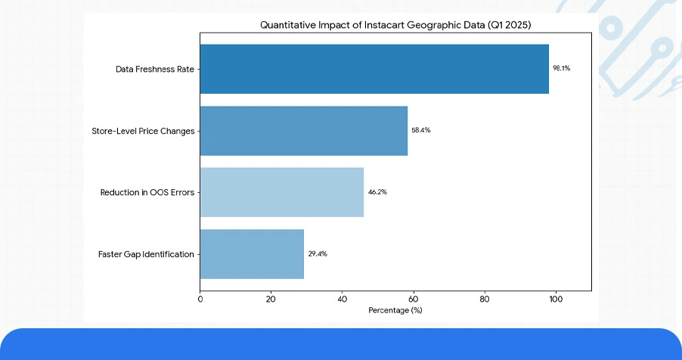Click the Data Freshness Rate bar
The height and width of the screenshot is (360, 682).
click(374, 69)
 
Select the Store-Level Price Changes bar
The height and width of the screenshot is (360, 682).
click(303, 131)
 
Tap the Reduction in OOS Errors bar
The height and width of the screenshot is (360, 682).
click(281, 192)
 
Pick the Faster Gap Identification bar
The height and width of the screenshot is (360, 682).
click(252, 254)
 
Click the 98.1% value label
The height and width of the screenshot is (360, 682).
click(561, 68)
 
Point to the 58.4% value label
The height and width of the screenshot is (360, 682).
click(420, 130)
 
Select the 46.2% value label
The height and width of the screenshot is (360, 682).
click(377, 192)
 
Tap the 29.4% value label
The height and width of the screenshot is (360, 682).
click(318, 254)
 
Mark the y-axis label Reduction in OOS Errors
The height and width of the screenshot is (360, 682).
click(147, 193)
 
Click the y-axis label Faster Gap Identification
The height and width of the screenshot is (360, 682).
click(146, 254)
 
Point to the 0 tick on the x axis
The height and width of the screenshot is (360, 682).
click(200, 299)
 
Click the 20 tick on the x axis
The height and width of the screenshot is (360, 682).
click(271, 299)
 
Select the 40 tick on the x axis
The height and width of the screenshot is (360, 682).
click(342, 299)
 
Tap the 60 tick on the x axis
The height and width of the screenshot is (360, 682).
click(413, 299)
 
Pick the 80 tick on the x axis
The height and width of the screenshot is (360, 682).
click(484, 299)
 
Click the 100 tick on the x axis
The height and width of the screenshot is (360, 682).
click(555, 299)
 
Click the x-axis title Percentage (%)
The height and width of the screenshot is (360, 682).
click(395, 311)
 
